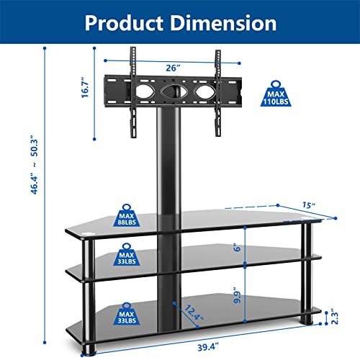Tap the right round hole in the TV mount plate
(x=204, y=92)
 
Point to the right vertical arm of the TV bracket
(x=216, y=90)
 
